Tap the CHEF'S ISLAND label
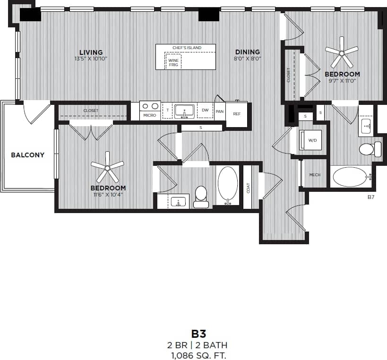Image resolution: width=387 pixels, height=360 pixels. pyautogui.click(x=187, y=48)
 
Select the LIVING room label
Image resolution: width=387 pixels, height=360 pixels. pyautogui.click(x=91, y=52)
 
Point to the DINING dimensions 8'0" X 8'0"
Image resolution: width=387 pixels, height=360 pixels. pyautogui.click(x=248, y=59)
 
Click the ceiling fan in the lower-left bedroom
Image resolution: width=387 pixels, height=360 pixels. pyautogui.click(x=108, y=167)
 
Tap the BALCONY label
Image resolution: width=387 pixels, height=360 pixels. pyautogui.click(x=27, y=155)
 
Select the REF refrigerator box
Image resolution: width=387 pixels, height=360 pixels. pyautogui.click(x=236, y=114)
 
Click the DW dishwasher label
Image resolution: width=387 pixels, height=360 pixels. pyautogui.click(x=205, y=110)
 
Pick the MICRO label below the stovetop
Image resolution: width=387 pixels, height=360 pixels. pyautogui.click(x=150, y=115)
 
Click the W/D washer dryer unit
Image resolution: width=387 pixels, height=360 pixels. pyautogui.click(x=312, y=140)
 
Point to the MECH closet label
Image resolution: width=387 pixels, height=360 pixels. pyautogui.click(x=315, y=175)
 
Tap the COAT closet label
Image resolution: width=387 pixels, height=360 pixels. pyautogui.click(x=248, y=188)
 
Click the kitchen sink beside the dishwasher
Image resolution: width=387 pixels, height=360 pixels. pyautogui.click(x=184, y=111)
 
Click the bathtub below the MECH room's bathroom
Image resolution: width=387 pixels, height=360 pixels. pyautogui.click(x=350, y=177)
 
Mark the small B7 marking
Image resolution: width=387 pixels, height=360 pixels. pyautogui.click(x=370, y=197)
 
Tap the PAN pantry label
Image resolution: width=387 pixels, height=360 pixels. pyautogui.click(x=219, y=111)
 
